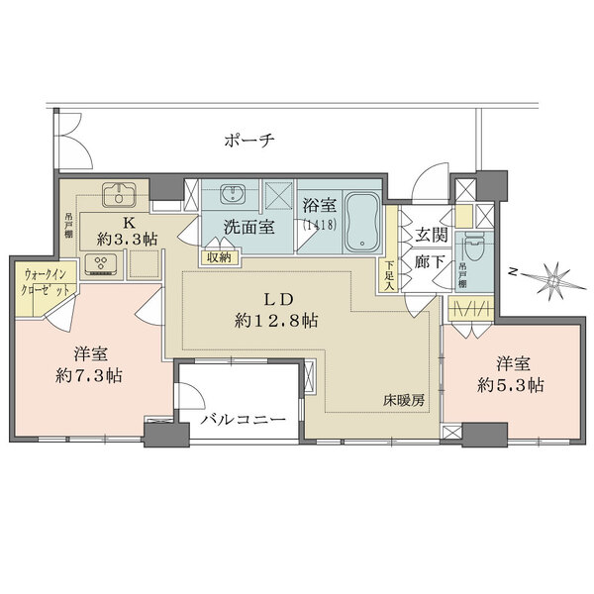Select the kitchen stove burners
click(x=101, y=261)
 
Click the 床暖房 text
click(x=405, y=401)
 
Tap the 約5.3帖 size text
click(x=508, y=383)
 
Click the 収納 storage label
click(x=218, y=256)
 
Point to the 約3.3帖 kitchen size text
click(x=128, y=240)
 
